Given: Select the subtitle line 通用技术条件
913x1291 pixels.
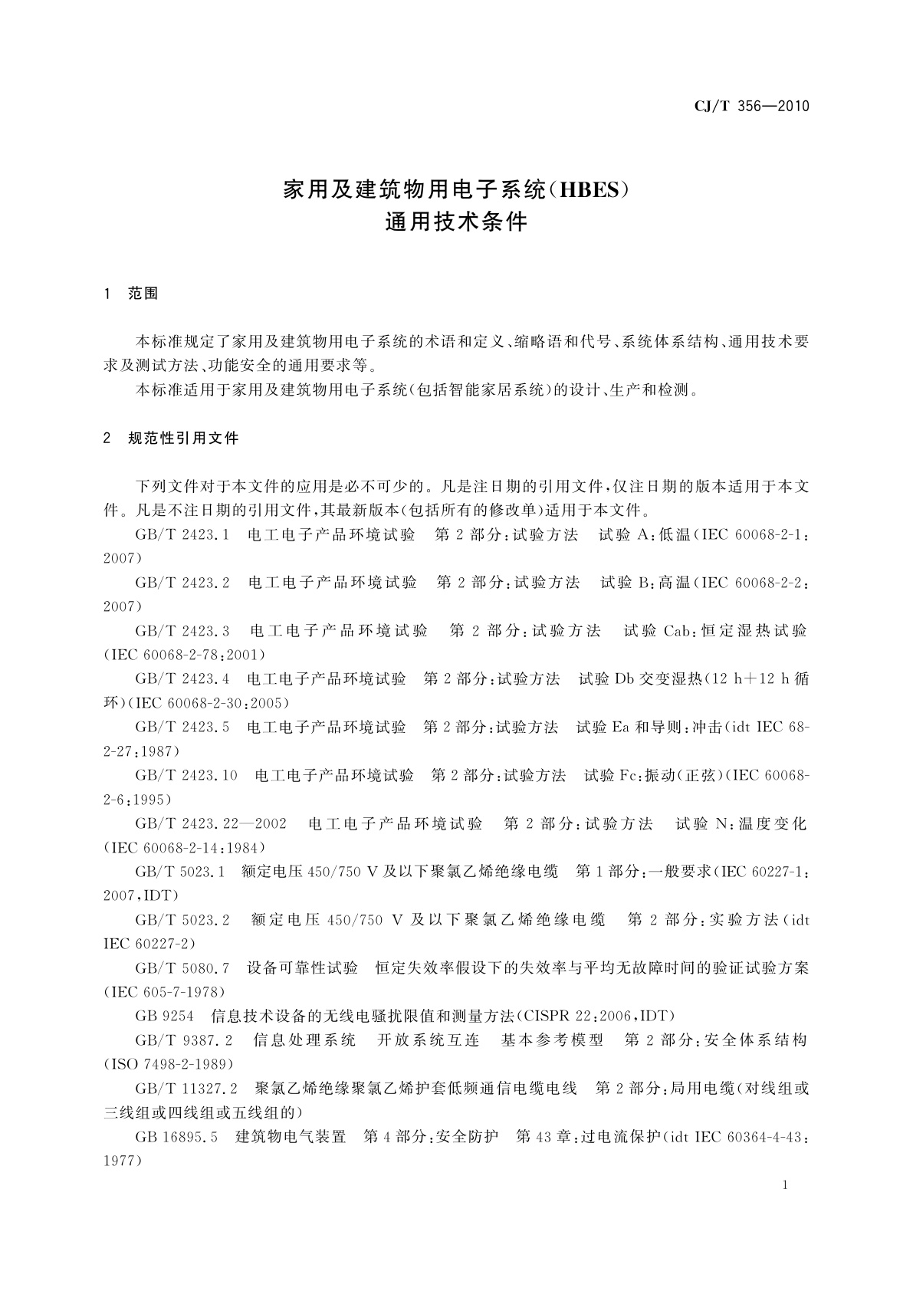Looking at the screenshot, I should pyautogui.click(x=456, y=223).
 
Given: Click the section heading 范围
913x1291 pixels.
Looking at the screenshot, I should pyautogui.click(x=143, y=294).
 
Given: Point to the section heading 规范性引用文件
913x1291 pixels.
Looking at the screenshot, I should pyautogui.click(x=184, y=439).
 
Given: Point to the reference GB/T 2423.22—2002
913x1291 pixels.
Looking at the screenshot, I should pyautogui.click(x=211, y=824).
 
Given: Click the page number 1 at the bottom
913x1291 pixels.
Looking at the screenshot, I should pyautogui.click(x=786, y=1186).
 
